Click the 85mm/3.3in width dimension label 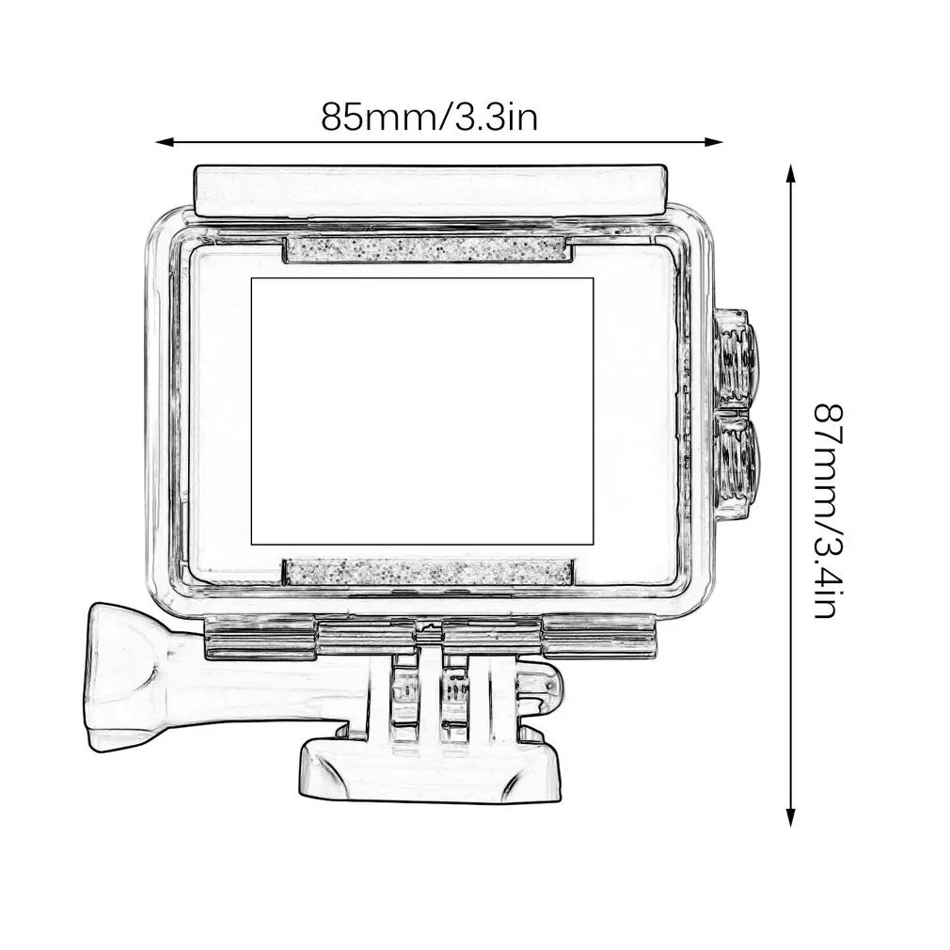tap(429, 118)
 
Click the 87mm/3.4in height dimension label tap(828, 511)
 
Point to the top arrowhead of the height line tap(790, 173)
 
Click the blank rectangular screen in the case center tap(422, 411)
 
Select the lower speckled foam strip tap(428, 572)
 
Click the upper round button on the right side tap(735, 357)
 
